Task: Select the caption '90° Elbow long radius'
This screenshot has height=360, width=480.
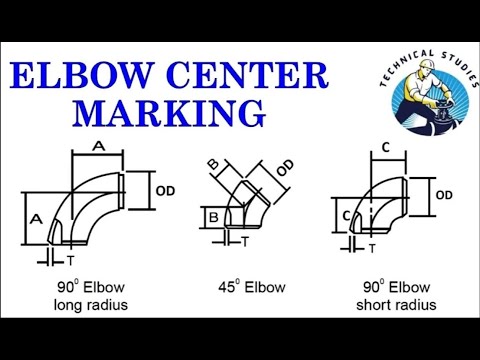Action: [x=94, y=297]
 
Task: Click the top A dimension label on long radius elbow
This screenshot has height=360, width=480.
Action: [x=97, y=145]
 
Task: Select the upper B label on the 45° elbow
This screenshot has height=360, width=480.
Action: [x=213, y=164]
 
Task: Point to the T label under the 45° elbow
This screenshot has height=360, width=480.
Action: [x=248, y=240]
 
